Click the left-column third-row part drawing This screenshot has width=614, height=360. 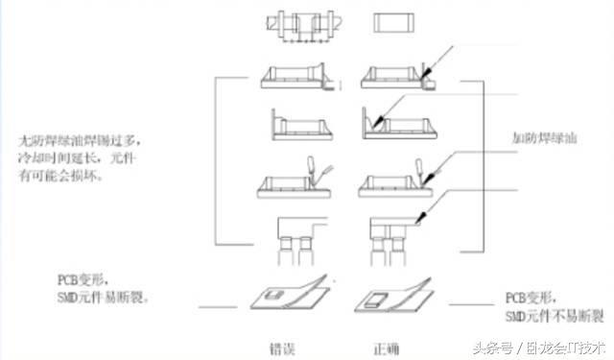point(295,125)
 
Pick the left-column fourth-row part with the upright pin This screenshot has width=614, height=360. point(295,182)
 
